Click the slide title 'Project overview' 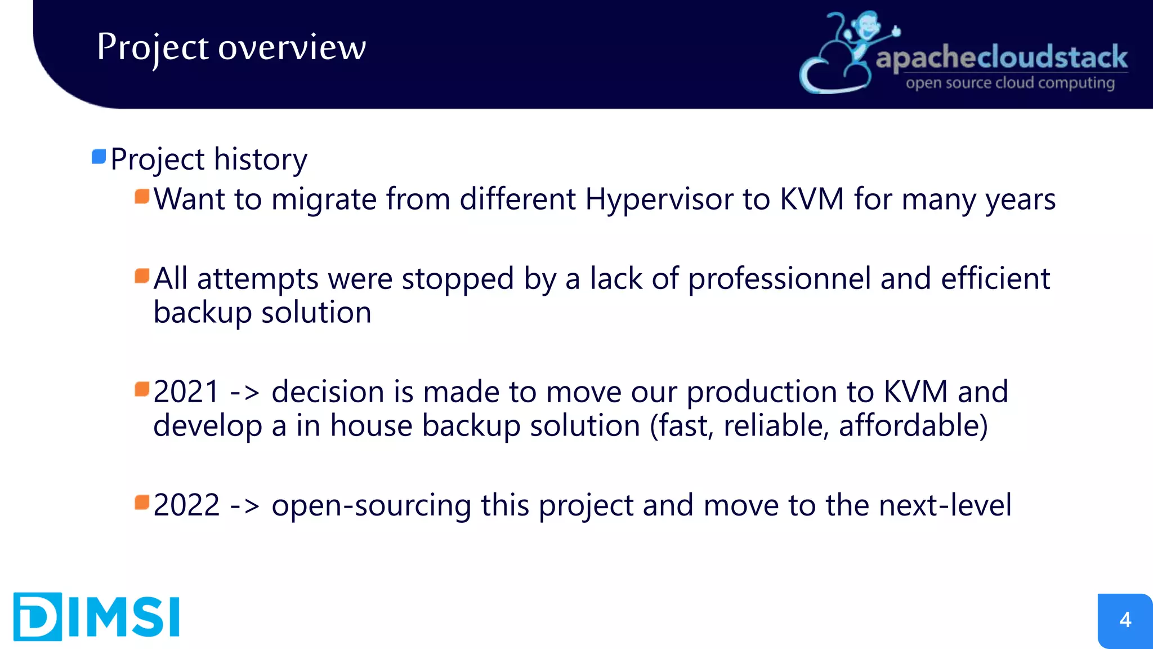point(231,47)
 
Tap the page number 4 point(1125,620)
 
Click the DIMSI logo point(96,616)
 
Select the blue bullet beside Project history point(99,157)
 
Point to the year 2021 point(186,392)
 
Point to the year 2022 point(186,505)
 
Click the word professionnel point(779,279)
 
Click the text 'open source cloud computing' point(1010,83)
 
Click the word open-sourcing point(371,505)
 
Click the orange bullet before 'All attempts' point(142,276)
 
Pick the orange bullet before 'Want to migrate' point(142,197)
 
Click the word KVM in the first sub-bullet point(811,199)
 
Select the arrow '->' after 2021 point(245,393)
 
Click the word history point(260,159)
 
